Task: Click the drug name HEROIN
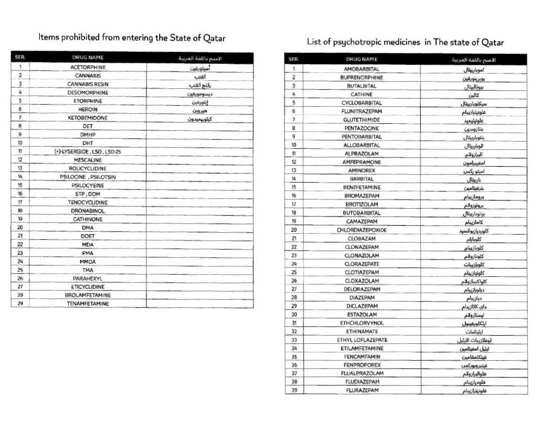coord(88,109)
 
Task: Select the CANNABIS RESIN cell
coord(88,84)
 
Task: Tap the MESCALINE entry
coord(88,160)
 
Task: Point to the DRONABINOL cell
coord(88,210)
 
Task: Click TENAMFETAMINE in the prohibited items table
coord(88,304)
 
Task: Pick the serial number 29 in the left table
coord(20,304)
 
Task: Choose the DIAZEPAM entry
coord(361,298)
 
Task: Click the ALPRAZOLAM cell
coord(361,154)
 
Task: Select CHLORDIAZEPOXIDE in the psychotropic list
coord(361,230)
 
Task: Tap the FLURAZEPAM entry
coord(361,390)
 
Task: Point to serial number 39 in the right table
coord(294,390)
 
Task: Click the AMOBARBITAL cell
coord(361,69)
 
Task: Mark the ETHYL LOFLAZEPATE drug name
coord(361,340)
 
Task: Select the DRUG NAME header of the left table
coord(88,57)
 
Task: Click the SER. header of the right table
coord(294,59)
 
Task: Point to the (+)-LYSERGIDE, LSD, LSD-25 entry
coord(88,152)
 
